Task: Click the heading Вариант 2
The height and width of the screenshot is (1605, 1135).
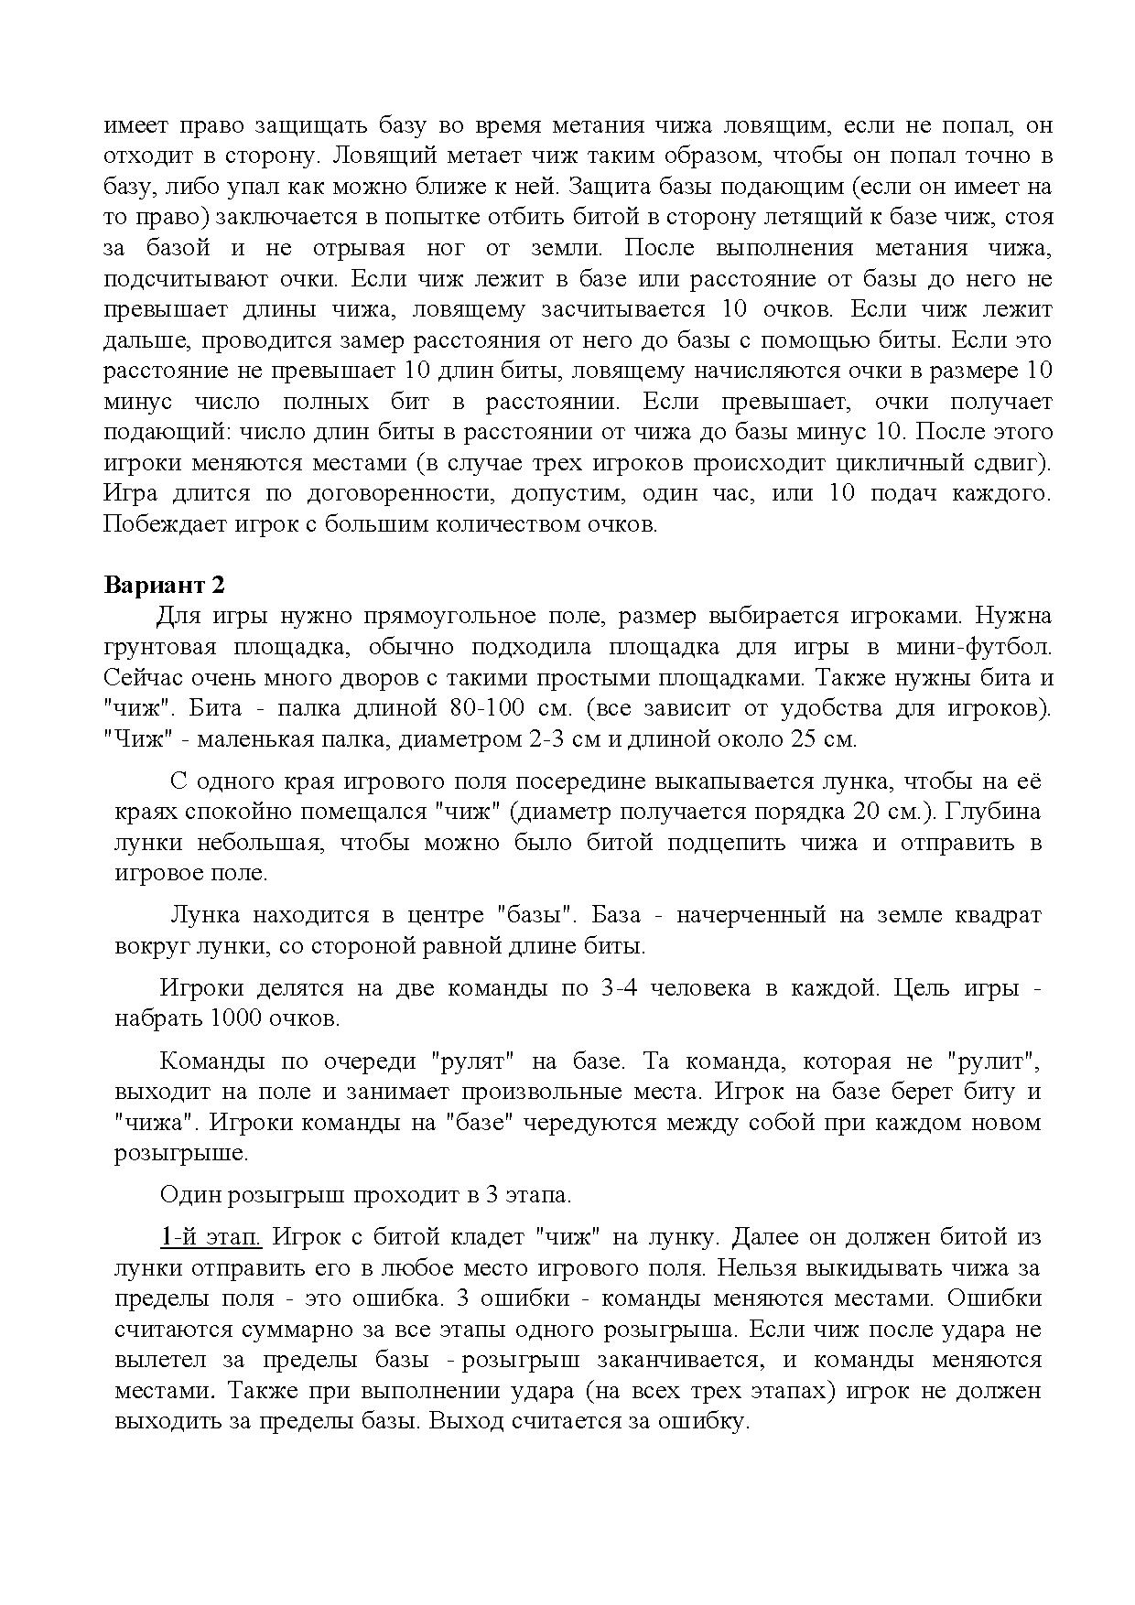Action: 165,585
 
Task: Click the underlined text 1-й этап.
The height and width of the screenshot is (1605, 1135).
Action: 211,1237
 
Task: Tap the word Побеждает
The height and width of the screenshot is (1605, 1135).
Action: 154,524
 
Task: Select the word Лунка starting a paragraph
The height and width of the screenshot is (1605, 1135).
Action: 207,914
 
